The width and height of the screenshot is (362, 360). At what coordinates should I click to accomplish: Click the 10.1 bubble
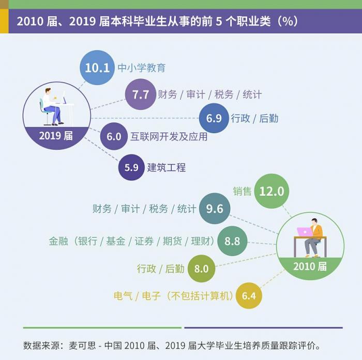pyautogui.click(x=97, y=68)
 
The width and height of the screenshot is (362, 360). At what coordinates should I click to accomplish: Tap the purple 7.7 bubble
pyautogui.click(x=140, y=95)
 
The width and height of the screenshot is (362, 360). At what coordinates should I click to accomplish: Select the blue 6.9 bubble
pyautogui.click(x=214, y=118)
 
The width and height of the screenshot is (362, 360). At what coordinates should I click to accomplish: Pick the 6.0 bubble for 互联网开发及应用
pyautogui.click(x=114, y=137)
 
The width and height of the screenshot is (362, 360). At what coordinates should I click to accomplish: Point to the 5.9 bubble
pyautogui.click(x=131, y=167)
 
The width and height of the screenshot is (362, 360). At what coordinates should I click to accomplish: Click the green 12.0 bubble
pyautogui.click(x=271, y=191)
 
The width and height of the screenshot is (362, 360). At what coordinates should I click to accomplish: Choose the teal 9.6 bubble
pyautogui.click(x=214, y=209)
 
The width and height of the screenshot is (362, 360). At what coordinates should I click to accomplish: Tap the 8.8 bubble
pyautogui.click(x=232, y=241)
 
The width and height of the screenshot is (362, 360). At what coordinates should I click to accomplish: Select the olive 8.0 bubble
pyautogui.click(x=201, y=269)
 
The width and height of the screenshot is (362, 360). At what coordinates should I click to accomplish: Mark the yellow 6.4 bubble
pyautogui.click(x=249, y=296)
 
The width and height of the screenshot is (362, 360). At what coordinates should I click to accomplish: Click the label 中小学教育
pyautogui.click(x=141, y=68)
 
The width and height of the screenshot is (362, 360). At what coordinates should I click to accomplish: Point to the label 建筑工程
pyautogui.click(x=166, y=167)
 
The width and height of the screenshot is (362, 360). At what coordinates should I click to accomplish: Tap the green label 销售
pyautogui.click(x=242, y=191)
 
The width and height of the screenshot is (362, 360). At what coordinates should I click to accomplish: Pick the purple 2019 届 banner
pyautogui.click(x=56, y=136)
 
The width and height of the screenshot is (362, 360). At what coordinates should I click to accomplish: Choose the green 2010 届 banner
pyautogui.click(x=310, y=267)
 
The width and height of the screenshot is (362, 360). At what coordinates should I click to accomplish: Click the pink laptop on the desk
pyautogui.click(x=304, y=231)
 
